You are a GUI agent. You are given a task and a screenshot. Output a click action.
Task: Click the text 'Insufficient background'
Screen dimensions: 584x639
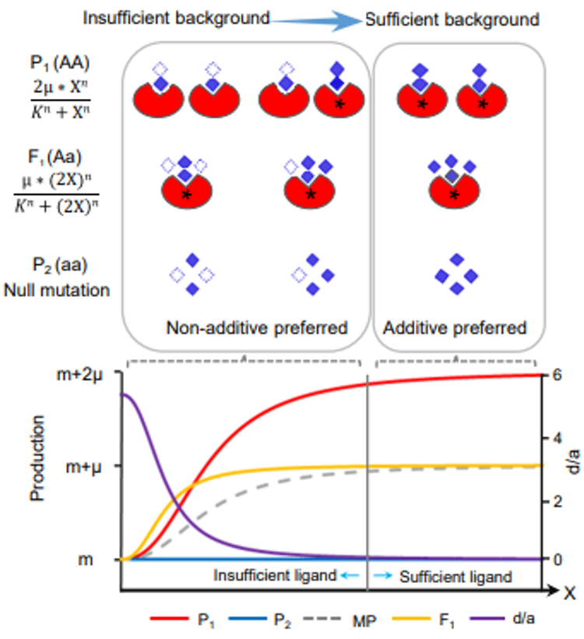coord(176,19)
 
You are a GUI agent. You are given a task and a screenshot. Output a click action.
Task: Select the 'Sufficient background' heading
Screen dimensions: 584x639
coord(452,19)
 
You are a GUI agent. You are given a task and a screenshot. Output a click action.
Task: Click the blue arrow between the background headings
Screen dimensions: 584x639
coord(316,21)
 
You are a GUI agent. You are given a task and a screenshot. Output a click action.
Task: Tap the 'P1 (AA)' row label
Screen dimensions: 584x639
coord(60,62)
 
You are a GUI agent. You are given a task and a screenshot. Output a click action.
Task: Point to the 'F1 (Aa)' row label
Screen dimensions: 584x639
coord(55,157)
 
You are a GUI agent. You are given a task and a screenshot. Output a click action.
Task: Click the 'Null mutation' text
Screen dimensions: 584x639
coord(57,290)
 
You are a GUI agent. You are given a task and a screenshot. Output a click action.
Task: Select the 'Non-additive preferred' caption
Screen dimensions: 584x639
coord(257,327)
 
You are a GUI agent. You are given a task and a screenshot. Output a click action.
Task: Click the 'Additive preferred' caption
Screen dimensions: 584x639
coord(455,327)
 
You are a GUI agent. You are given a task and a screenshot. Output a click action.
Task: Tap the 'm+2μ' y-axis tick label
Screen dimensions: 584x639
coord(80,375)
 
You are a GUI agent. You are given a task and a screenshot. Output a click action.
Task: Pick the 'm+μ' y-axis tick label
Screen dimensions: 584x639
coord(83,467)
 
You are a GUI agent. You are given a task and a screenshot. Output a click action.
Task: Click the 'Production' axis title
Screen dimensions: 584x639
coord(37,458)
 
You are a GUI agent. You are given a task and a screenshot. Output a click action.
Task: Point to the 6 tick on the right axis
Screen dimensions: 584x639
coord(557,375)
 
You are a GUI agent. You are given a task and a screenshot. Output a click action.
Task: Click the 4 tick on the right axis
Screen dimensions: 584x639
coord(557,439)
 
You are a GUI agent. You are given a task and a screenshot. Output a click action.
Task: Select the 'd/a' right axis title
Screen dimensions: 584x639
coord(572,462)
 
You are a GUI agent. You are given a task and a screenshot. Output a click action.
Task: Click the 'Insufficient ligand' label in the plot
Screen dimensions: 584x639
coord(275,575)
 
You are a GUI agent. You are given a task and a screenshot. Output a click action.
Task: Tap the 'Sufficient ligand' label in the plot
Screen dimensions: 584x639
coord(456,577)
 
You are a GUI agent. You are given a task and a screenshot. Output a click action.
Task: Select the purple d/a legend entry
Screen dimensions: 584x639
coord(502,619)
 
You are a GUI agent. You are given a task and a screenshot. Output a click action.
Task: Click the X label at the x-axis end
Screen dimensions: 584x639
coord(569,593)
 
